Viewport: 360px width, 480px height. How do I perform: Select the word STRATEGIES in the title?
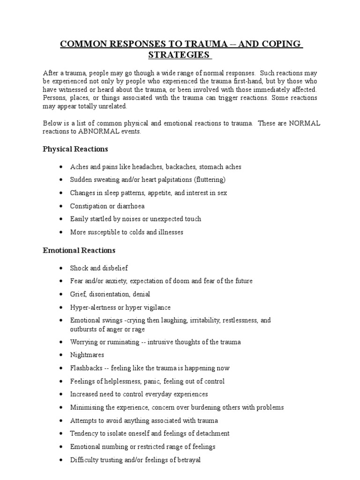point(180,55)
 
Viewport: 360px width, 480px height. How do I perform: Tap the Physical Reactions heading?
point(75,149)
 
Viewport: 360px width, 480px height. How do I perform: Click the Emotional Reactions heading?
point(79,250)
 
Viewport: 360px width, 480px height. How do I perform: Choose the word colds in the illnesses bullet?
point(140,232)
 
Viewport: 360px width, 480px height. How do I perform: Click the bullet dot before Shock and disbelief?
point(61,268)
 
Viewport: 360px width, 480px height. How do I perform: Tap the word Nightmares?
point(87,355)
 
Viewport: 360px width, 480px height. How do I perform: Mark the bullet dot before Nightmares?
point(61,355)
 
